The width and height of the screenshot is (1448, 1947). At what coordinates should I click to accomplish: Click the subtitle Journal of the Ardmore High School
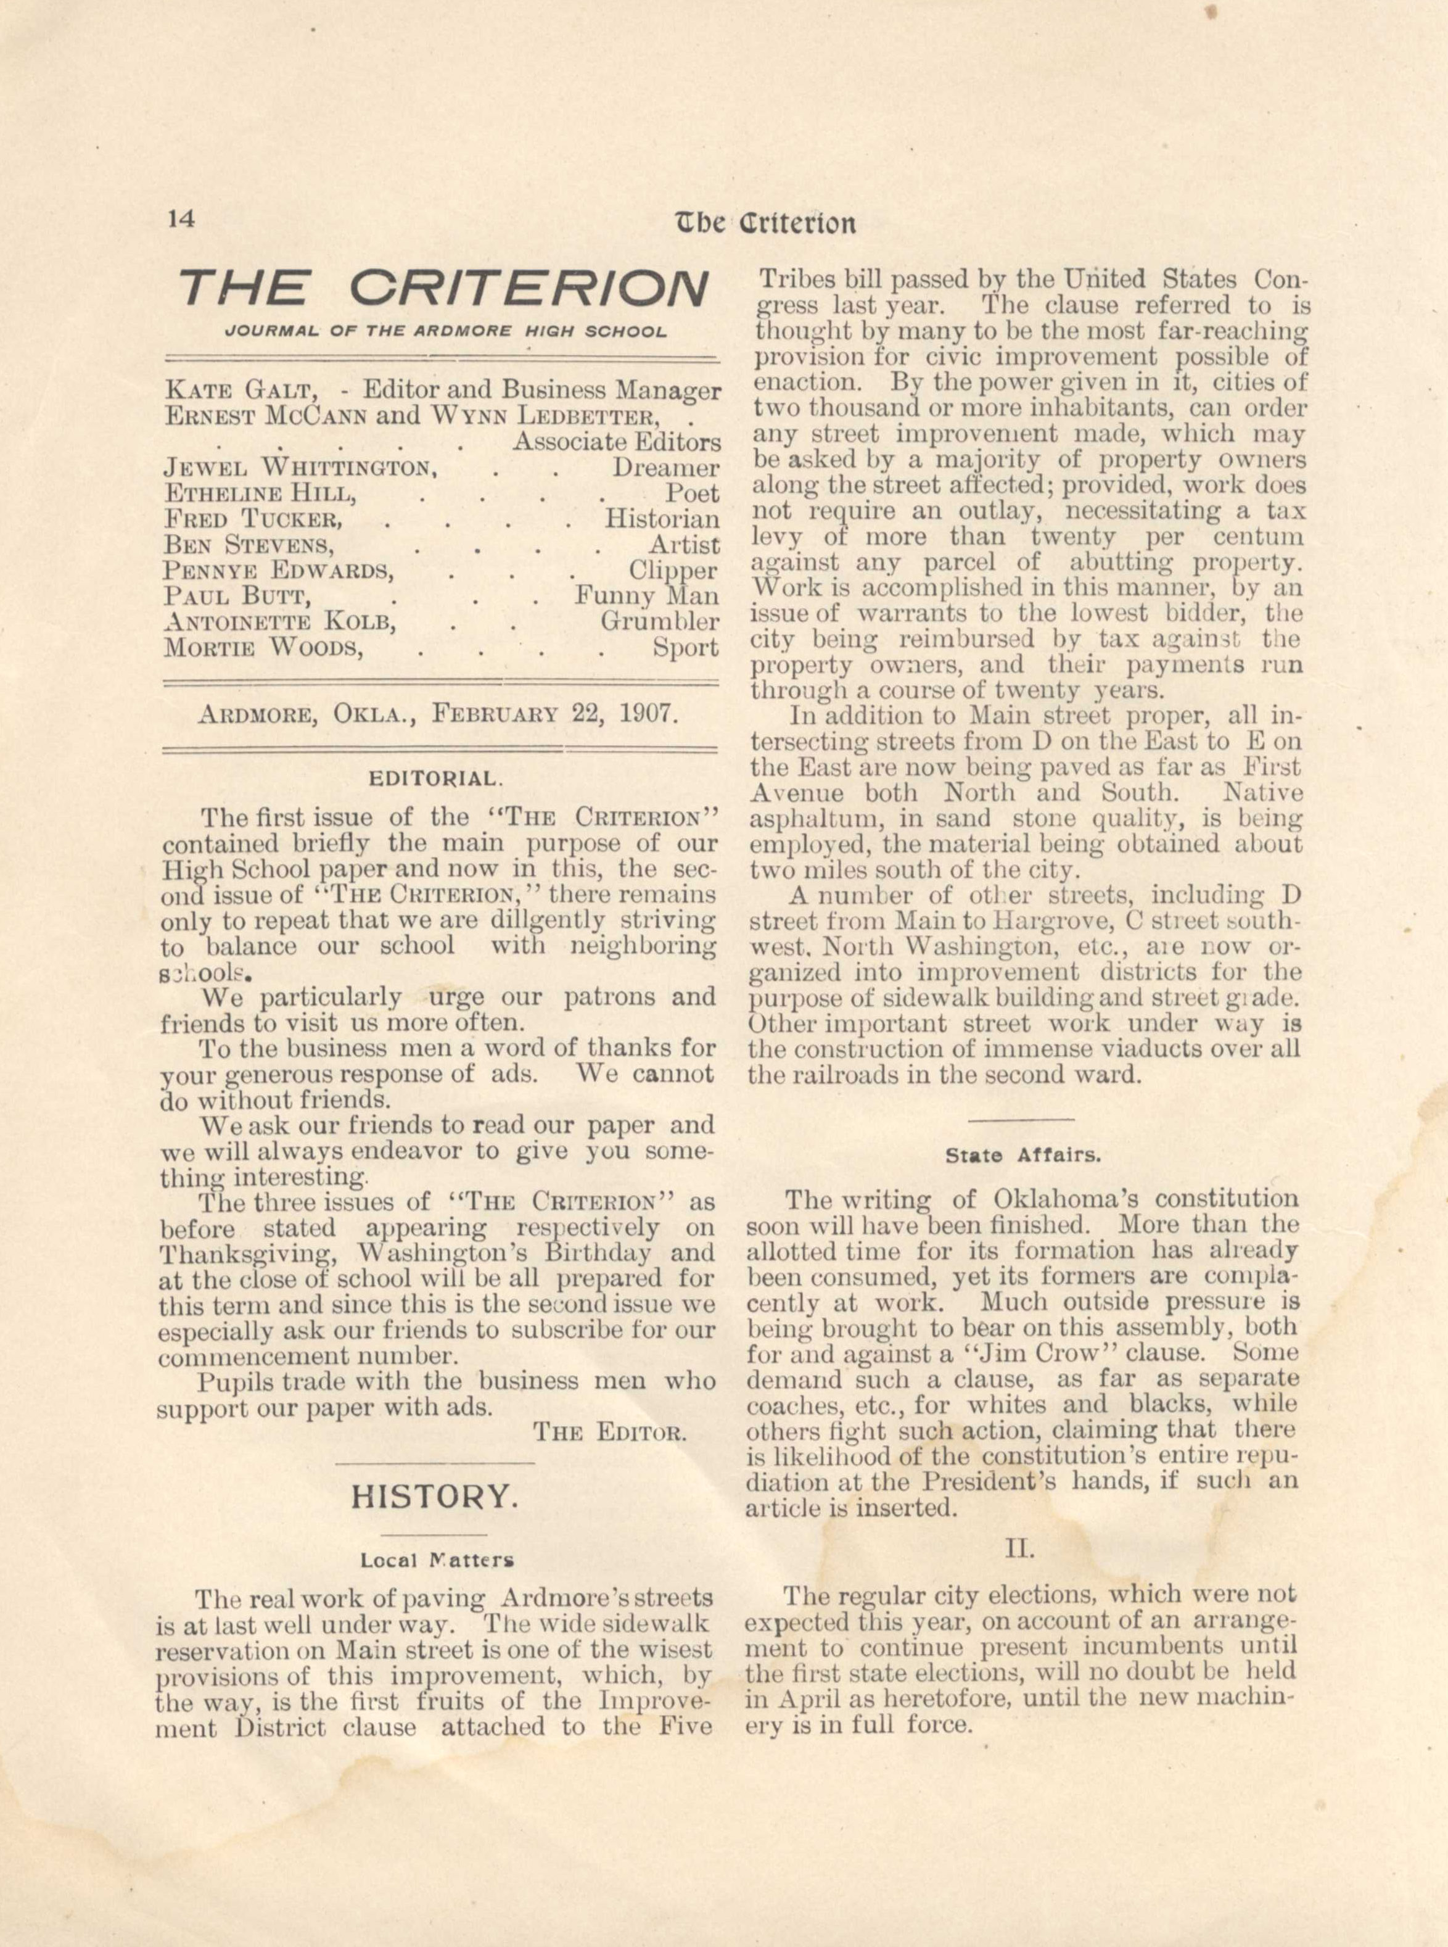click(446, 333)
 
